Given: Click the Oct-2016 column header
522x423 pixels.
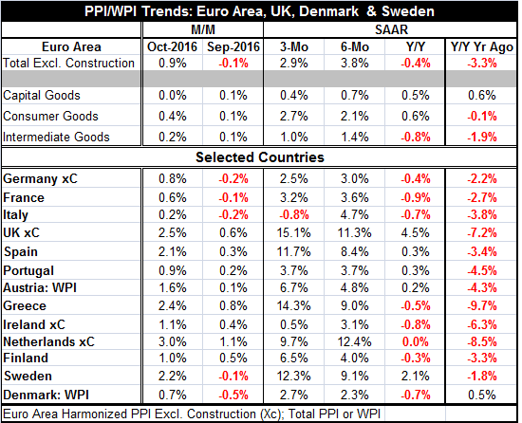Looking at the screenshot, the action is [x=172, y=46].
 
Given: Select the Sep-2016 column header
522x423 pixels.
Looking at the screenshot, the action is [x=233, y=46].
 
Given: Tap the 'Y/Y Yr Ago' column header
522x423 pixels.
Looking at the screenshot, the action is [x=482, y=46].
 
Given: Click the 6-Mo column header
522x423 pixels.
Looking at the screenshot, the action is [x=355, y=46].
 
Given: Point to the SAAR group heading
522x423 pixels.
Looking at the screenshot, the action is [x=391, y=30].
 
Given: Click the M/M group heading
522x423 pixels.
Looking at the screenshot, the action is [x=203, y=30].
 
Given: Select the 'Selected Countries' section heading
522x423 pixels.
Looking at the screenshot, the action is [x=260, y=157].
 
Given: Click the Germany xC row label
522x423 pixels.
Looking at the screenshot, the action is [x=40, y=179].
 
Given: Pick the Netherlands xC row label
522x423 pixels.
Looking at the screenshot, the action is [x=48, y=341].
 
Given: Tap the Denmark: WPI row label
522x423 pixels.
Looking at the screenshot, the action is [x=46, y=395].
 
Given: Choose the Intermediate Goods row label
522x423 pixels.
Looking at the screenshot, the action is [x=56, y=137].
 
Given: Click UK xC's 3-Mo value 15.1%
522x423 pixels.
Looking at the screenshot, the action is [x=293, y=232].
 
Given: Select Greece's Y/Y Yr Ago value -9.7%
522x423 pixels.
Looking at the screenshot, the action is [x=482, y=305].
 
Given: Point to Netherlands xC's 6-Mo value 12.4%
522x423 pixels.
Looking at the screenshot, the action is [x=355, y=341].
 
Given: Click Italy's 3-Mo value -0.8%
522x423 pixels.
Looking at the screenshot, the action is [x=293, y=215].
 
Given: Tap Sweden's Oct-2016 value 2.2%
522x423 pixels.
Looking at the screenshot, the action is [x=172, y=377].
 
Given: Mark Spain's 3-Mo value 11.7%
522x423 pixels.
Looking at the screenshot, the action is [x=293, y=251].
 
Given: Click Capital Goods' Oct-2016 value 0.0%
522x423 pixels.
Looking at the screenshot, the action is [x=172, y=96].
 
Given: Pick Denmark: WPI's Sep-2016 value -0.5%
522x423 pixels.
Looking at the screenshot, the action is [x=233, y=395].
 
